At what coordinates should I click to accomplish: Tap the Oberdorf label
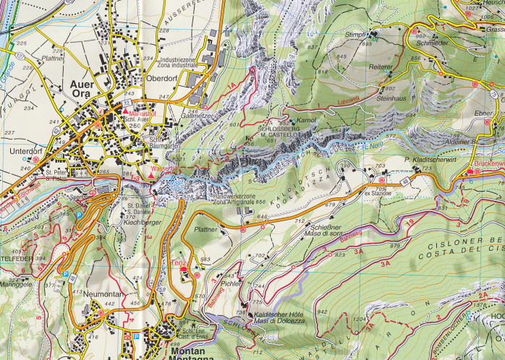(x=163, y=80)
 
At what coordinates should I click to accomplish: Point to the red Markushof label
(x=137, y=113)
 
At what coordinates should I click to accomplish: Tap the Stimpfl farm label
(x=356, y=34)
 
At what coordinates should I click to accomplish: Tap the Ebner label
(x=483, y=113)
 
